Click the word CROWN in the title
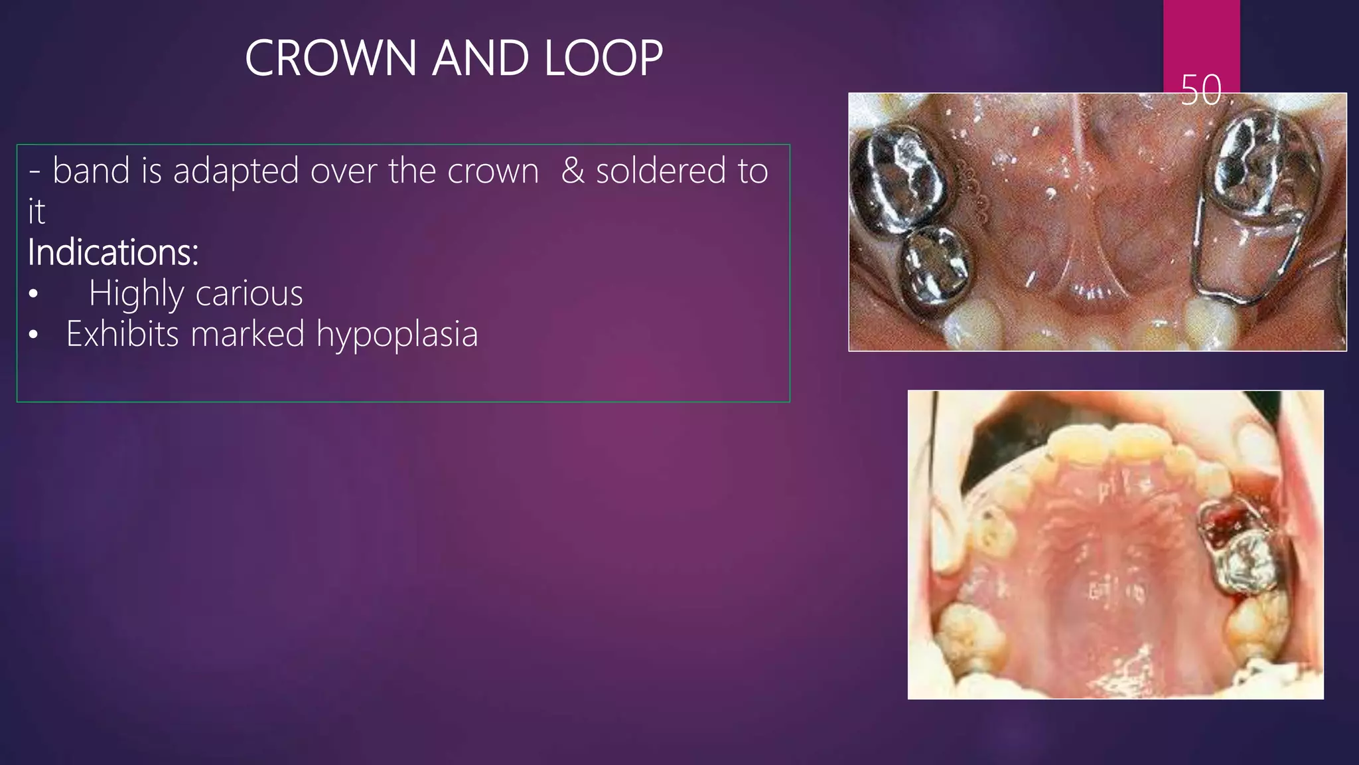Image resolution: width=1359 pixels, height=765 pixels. (331, 58)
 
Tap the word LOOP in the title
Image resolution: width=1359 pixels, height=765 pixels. (603, 58)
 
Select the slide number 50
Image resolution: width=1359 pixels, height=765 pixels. (1201, 90)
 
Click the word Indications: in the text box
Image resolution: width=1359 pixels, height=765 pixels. (113, 252)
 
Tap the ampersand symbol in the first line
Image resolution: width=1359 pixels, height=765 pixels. (573, 171)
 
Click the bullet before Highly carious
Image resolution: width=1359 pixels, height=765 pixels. (34, 294)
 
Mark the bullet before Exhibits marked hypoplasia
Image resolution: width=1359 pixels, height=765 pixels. (34, 335)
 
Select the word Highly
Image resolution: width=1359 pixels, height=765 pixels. (137, 294)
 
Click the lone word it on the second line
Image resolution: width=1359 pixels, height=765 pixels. (36, 212)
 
